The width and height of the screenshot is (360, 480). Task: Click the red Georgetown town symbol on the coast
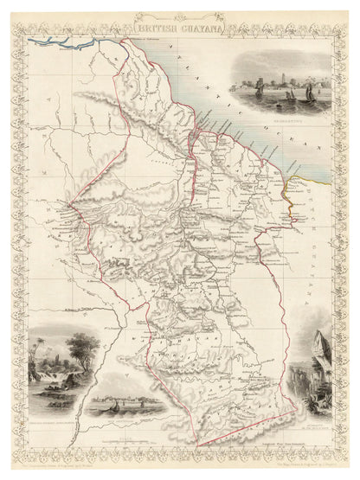coord(198,130)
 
